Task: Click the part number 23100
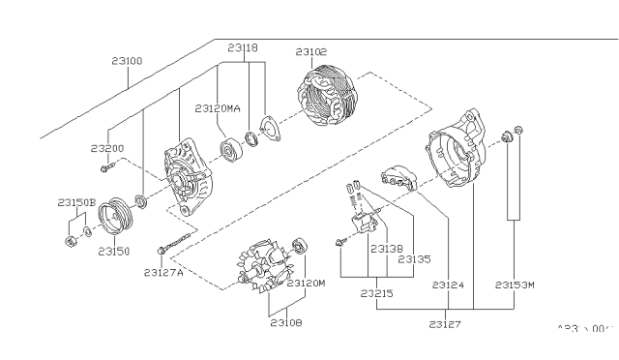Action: (x=127, y=61)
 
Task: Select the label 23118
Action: (x=244, y=46)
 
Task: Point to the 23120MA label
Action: (x=218, y=107)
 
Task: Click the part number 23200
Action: (x=107, y=148)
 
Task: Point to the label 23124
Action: (x=449, y=285)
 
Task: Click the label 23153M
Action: (x=516, y=285)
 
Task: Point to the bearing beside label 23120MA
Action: (x=232, y=152)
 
